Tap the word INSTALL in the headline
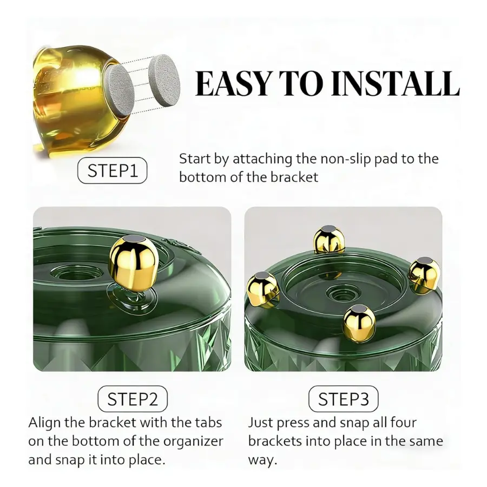point(395,84)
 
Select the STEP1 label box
point(112,170)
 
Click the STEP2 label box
point(133,399)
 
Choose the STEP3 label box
point(344,399)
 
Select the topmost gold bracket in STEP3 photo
point(329,240)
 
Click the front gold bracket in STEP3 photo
point(359,320)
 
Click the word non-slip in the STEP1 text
point(345,159)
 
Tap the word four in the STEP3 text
point(404,423)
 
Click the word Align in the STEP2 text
point(45,423)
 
